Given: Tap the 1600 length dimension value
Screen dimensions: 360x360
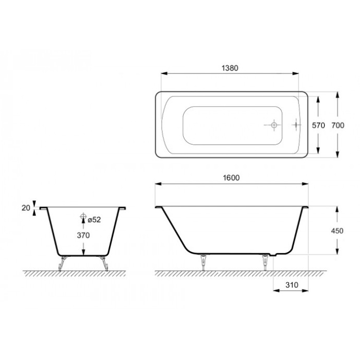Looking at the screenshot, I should click(x=231, y=178).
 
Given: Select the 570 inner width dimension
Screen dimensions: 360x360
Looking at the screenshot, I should click(x=318, y=125).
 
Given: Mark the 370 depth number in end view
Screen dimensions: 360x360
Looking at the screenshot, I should click(x=83, y=235).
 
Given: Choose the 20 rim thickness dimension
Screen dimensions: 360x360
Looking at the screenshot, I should click(x=26, y=207).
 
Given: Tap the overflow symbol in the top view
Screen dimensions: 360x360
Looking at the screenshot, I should click(x=296, y=125).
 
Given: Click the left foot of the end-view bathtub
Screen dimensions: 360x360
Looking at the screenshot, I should click(x=62, y=263).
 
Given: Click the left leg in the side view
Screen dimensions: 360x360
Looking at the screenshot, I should click(x=202, y=263).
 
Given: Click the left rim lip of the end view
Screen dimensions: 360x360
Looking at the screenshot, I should click(x=43, y=208).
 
